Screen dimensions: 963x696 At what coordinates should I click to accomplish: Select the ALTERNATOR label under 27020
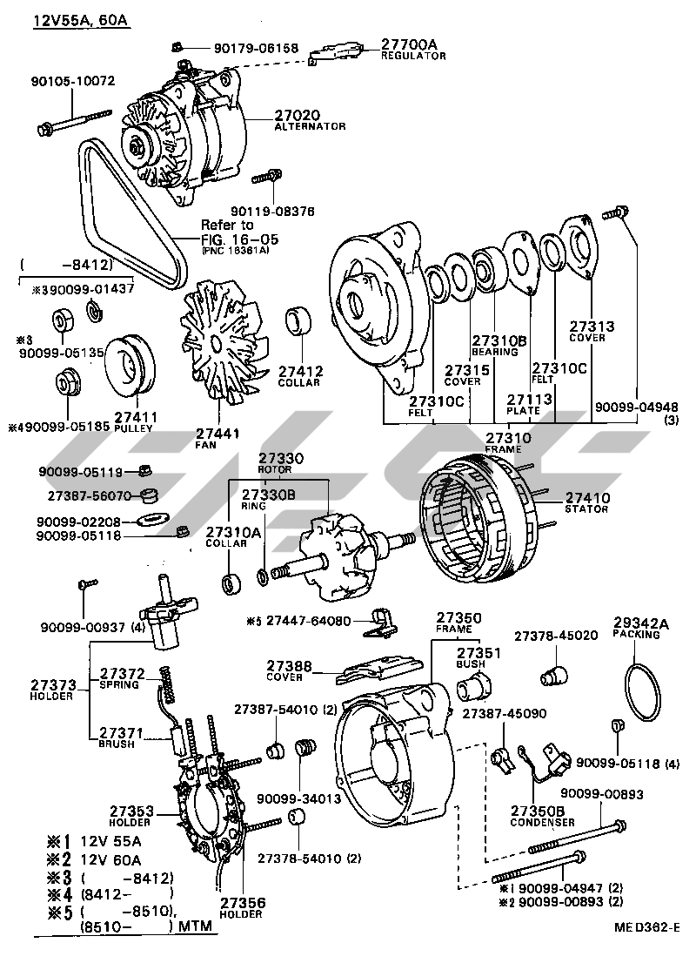coord(310,126)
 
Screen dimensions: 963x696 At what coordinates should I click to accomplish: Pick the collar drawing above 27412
coord(300,320)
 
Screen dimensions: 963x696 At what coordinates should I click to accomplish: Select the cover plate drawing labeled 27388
coord(375,670)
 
